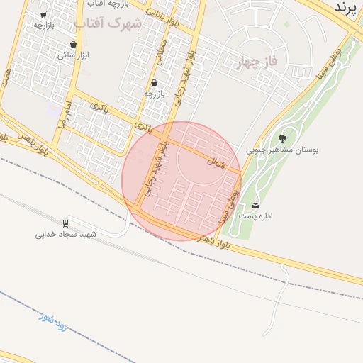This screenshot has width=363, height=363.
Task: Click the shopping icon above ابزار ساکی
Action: click(x=74, y=44)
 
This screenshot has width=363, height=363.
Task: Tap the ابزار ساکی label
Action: click(x=74, y=55)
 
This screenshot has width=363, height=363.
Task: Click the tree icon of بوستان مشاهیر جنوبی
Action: click(x=283, y=138)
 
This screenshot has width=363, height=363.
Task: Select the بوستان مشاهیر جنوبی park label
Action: click(x=283, y=150)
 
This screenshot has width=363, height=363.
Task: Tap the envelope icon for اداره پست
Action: click(x=256, y=205)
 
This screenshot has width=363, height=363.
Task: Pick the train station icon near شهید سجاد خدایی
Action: click(x=66, y=223)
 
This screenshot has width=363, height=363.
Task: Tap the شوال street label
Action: click(x=216, y=162)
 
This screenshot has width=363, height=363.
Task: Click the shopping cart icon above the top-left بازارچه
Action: click(x=44, y=14)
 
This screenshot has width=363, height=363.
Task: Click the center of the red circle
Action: click(x=181, y=181)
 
